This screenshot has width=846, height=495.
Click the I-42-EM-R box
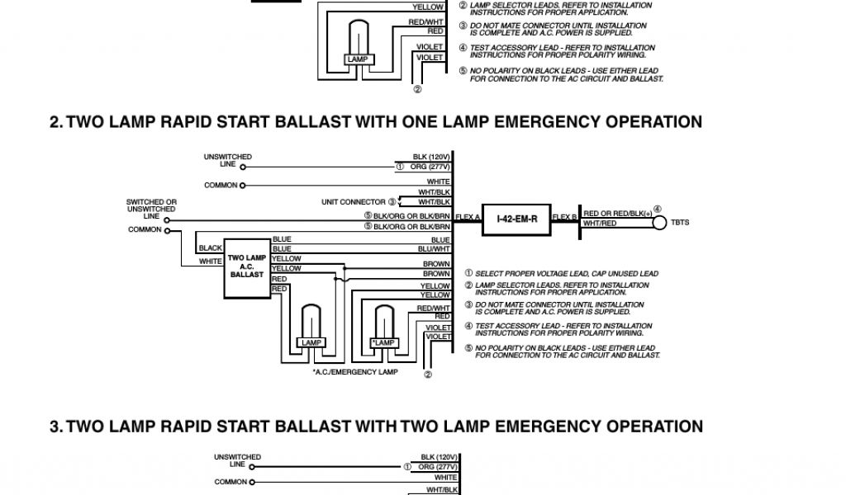tap(516, 219)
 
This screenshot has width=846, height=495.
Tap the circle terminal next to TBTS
tap(658, 223)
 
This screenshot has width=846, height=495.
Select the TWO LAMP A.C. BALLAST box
tap(247, 266)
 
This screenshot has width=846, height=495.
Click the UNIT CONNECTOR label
tap(354, 202)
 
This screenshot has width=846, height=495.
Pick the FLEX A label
tap(467, 216)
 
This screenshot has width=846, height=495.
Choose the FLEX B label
tap(564, 216)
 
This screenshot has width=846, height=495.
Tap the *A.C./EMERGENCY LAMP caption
tap(355, 372)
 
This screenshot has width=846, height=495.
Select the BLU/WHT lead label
tap(434, 248)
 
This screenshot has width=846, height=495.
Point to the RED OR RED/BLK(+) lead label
tap(617, 214)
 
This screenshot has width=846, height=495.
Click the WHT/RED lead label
tap(600, 224)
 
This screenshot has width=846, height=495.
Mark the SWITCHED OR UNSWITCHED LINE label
tap(151, 209)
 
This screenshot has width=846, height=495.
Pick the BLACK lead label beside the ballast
tap(211, 248)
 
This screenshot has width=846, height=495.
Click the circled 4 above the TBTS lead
tap(658, 208)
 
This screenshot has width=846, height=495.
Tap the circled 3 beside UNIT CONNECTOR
tap(392, 201)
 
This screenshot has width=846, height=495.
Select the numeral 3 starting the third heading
tap(55, 427)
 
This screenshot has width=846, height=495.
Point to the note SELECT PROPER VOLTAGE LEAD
tap(562, 273)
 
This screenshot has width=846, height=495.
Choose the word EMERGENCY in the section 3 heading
tap(548, 427)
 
